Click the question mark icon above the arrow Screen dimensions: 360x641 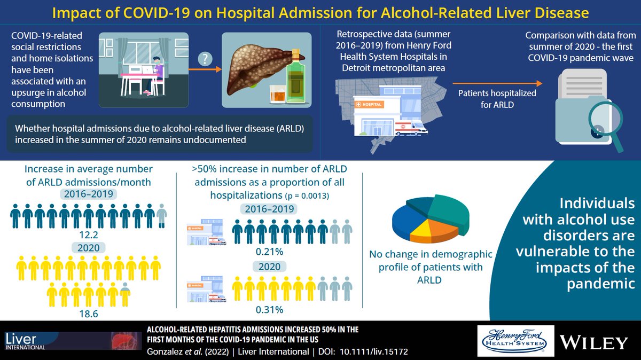point(205,58)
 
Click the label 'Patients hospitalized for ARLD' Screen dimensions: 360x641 point(497,98)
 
